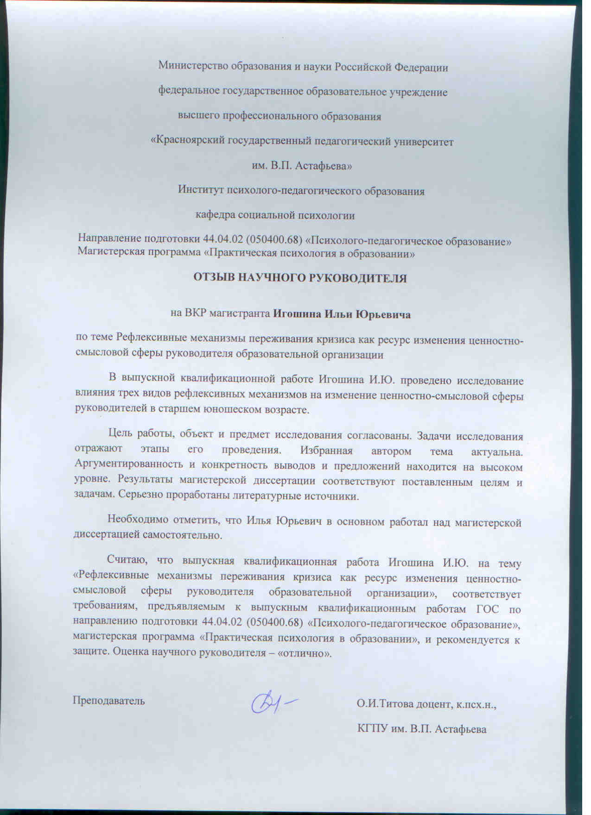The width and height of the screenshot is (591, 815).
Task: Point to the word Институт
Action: tap(200, 190)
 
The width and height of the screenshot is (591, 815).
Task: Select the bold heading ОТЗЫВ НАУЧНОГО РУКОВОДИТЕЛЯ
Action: tap(299, 278)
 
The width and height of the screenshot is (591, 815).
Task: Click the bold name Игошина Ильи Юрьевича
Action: tap(342, 314)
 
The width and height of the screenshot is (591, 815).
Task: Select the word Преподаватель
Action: tap(108, 700)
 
